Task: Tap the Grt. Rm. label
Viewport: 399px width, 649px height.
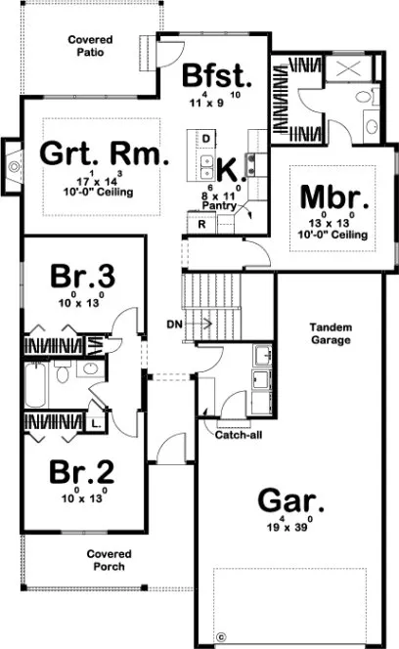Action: [x=104, y=153]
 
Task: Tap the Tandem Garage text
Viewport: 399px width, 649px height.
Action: [x=332, y=333]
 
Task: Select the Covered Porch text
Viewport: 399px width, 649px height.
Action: [x=109, y=560]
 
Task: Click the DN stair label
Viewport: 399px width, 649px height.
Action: [x=174, y=323]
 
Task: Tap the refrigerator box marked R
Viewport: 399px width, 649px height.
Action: [x=200, y=224]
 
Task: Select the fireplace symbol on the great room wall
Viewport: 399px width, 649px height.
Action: [x=13, y=165]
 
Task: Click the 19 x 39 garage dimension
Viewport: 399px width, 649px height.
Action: [x=289, y=529]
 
